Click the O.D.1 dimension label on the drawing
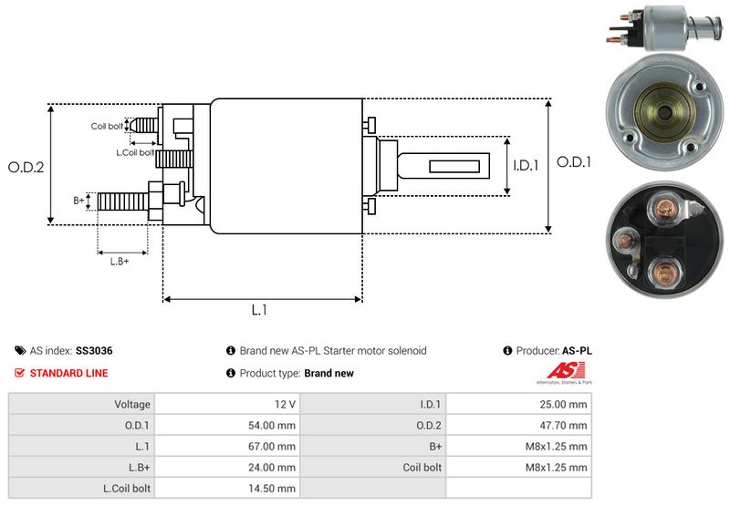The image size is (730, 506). click(575, 162)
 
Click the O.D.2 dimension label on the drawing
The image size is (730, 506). click(26, 167)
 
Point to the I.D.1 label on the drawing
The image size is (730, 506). click(526, 166)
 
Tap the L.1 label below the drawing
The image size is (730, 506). click(259, 310)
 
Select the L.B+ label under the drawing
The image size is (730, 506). click(120, 262)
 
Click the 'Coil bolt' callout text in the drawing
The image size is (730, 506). click(106, 126)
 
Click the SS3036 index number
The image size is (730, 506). click(94, 350)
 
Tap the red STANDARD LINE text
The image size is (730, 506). click(68, 373)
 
